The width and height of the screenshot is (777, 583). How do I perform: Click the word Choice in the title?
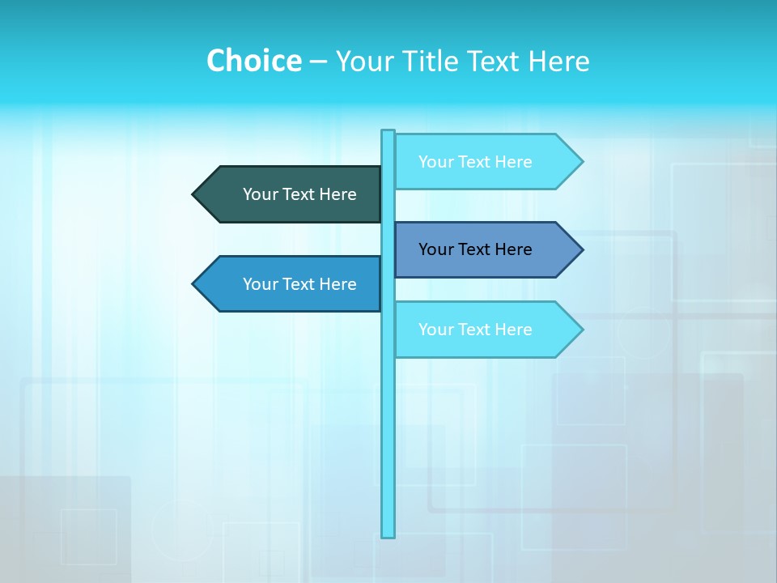253,61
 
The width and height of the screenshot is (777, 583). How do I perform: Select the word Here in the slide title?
558,61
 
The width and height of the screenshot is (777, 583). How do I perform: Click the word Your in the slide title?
364,62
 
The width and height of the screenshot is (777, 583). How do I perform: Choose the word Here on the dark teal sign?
338,194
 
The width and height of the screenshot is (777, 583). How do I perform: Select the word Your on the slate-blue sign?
435,249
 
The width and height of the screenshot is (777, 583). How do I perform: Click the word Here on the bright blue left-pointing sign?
338,284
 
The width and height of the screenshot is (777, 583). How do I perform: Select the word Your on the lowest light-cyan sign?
435,330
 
